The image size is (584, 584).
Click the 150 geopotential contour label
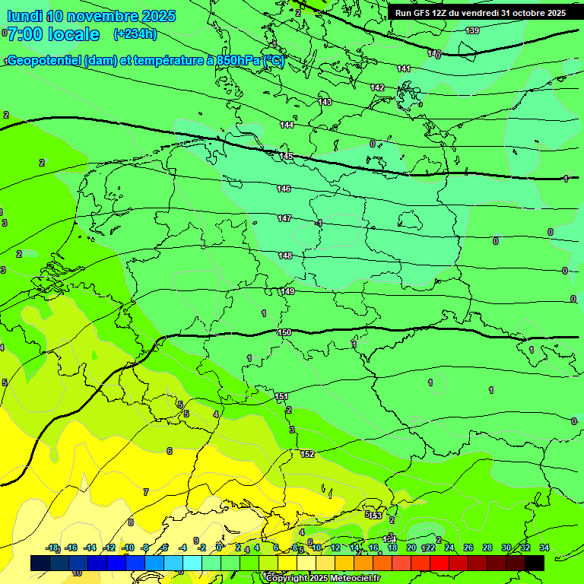tap(284, 332)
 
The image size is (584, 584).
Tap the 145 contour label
tap(286, 156)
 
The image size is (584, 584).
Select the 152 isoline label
tap(307, 454)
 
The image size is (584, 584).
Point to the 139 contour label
tap(472, 30)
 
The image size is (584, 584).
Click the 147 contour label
tap(284, 218)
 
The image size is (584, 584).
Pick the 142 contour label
tap(377, 87)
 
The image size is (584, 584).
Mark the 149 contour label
tap(287, 291)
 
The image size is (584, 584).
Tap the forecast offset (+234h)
tap(135, 33)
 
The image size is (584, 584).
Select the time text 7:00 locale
tap(53, 34)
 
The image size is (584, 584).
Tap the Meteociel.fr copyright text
tap(322, 578)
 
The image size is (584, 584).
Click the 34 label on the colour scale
tap(544, 547)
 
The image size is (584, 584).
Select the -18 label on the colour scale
tap(52, 547)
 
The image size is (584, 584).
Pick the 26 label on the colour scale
tap(468, 547)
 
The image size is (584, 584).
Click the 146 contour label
tap(284, 189)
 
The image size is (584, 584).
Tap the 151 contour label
tap(281, 396)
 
